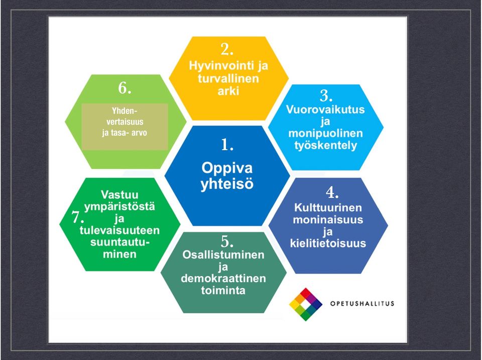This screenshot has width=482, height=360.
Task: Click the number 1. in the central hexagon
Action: pyautogui.click(x=227, y=145)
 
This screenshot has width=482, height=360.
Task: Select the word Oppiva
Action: pyautogui.click(x=227, y=169)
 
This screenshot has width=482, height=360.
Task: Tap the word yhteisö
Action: pyautogui.click(x=227, y=184)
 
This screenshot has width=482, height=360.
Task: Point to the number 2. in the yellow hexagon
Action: pyautogui.click(x=227, y=49)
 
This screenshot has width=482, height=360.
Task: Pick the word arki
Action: pyautogui.click(x=228, y=91)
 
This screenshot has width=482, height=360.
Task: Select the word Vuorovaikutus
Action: pyautogui.click(x=325, y=109)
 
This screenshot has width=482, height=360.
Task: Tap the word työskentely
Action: pyautogui.click(x=325, y=146)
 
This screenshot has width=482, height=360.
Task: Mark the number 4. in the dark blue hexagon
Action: pyautogui.click(x=332, y=193)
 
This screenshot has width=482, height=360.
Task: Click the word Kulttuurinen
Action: pyautogui.click(x=328, y=207)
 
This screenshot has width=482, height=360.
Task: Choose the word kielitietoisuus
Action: pyautogui.click(x=328, y=243)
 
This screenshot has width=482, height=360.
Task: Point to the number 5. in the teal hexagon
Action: pyautogui.click(x=227, y=242)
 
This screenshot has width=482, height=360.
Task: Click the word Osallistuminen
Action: pyautogui.click(x=223, y=255)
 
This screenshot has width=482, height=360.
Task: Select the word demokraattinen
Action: pyautogui.click(x=223, y=279)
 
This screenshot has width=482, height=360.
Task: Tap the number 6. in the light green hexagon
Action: pyautogui.click(x=125, y=88)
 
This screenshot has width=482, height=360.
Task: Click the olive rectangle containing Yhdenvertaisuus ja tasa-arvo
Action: pyautogui.click(x=125, y=127)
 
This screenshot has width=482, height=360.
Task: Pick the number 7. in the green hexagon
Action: pyautogui.click(x=78, y=217)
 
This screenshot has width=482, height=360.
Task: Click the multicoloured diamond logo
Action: pyautogui.click(x=306, y=304)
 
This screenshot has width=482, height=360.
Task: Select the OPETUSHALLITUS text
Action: pyautogui.click(x=362, y=304)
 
